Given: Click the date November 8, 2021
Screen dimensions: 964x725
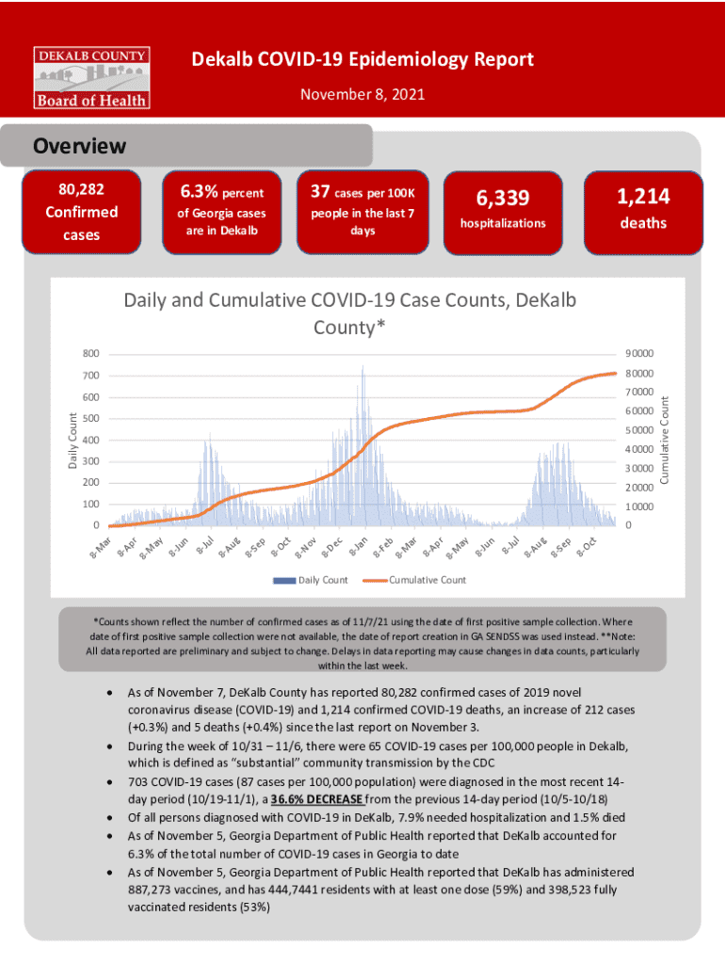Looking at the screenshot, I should pyautogui.click(x=362, y=94).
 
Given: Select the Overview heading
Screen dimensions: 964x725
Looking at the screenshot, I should pyautogui.click(x=79, y=147).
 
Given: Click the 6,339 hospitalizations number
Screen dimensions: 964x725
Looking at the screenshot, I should pyautogui.click(x=502, y=198).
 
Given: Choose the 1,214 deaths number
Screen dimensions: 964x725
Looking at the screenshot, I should pyautogui.click(x=643, y=196).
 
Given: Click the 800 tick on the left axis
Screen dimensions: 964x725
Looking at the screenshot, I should pyautogui.click(x=90, y=354).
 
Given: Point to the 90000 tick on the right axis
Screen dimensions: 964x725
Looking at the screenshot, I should pyautogui.click(x=636, y=354).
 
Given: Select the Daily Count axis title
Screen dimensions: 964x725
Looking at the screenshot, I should pyautogui.click(x=72, y=439).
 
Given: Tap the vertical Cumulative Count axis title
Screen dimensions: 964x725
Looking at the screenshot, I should pyautogui.click(x=664, y=440).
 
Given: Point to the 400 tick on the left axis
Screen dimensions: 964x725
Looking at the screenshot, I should pyautogui.click(x=90, y=440).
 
